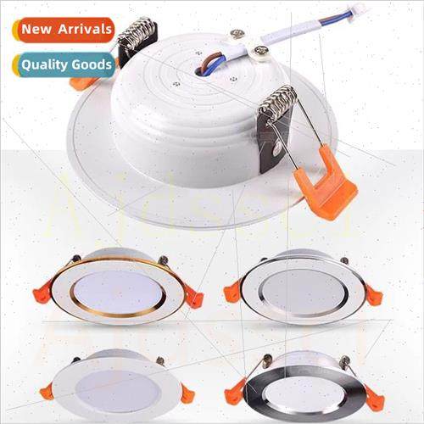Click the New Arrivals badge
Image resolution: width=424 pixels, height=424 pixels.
tap(64, 29)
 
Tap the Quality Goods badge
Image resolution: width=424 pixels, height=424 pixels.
tap(64, 64)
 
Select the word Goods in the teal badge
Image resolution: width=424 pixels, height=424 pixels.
tap(93, 64)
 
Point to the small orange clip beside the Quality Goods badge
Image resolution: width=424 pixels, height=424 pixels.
tap(84, 83)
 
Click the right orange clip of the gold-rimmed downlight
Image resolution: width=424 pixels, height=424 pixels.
tap(193, 298)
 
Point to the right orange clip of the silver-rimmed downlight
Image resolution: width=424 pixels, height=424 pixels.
tap(373, 296)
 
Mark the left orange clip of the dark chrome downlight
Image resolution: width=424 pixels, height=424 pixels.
tap(235, 393)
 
